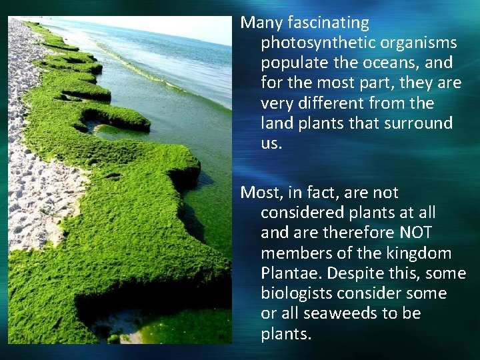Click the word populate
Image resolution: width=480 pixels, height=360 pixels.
(x=290, y=63)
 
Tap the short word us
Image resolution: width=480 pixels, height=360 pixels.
(x=271, y=143)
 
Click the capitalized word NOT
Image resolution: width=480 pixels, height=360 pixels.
(x=416, y=233)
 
